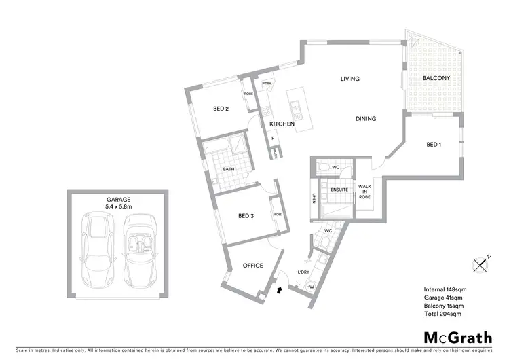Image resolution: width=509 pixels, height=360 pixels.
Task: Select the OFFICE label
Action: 252,266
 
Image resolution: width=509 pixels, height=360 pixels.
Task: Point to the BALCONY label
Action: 436,79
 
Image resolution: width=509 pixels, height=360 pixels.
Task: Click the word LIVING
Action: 350,79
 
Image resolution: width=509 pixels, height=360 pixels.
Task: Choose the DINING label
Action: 365,119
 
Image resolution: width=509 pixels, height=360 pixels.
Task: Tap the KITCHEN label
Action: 282,124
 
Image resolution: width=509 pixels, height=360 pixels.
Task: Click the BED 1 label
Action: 434,145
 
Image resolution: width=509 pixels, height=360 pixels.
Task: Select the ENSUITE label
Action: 339,190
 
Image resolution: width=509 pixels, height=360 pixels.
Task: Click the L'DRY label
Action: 303,272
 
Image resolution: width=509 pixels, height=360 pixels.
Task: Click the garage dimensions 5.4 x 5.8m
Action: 118,206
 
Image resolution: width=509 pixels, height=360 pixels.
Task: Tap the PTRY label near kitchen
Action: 267,84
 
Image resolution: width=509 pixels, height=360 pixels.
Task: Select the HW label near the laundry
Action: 309,287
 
